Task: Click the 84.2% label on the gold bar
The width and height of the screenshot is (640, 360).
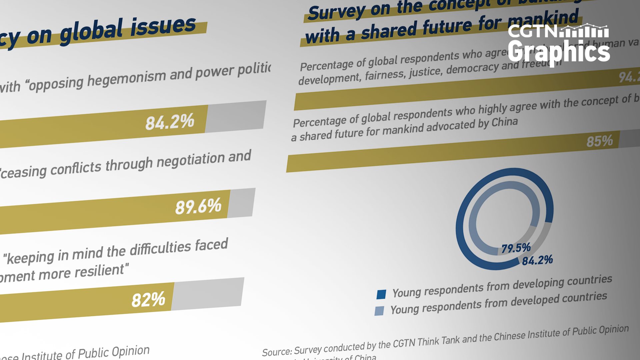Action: coord(170,122)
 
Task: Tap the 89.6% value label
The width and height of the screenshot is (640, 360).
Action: coord(198,206)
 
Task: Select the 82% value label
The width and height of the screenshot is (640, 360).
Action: coord(148,299)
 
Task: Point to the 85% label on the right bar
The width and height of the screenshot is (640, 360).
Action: coord(600,141)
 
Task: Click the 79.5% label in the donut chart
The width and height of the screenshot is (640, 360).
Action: coord(516,248)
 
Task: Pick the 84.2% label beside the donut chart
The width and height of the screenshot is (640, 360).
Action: coord(537,260)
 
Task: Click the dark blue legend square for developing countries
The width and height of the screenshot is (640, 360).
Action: coord(381,294)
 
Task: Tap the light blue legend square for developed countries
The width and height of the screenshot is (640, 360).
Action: coord(379,311)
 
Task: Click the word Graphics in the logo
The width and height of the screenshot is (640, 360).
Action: coord(559,52)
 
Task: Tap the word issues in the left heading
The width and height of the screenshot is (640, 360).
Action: coord(163,27)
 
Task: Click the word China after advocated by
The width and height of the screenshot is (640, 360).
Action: coord(505,122)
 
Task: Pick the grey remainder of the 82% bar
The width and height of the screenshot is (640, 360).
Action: coord(207,293)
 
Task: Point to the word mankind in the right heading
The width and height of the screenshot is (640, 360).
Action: coord(543,19)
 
